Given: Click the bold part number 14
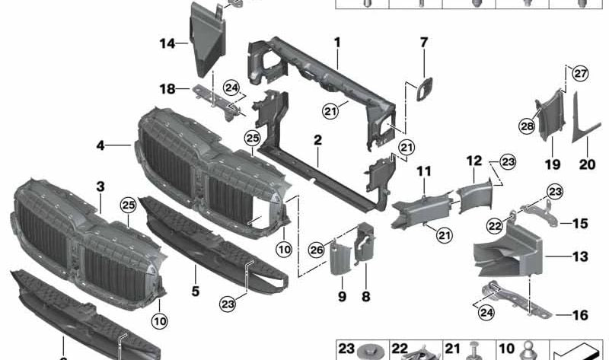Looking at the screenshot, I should coord(167,43).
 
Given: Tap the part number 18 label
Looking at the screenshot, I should coord(167,89).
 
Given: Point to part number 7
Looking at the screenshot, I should coord(424,42).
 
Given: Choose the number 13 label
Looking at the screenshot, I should coord(580,257).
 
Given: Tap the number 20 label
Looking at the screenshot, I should coord(588,163).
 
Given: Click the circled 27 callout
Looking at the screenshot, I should coord(581,74).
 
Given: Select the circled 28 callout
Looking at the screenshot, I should coord(527,126).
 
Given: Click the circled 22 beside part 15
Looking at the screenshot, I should coord(496,225).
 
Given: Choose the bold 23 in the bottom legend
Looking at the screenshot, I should coord(346,349).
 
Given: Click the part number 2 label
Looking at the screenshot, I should coord(317,140).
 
